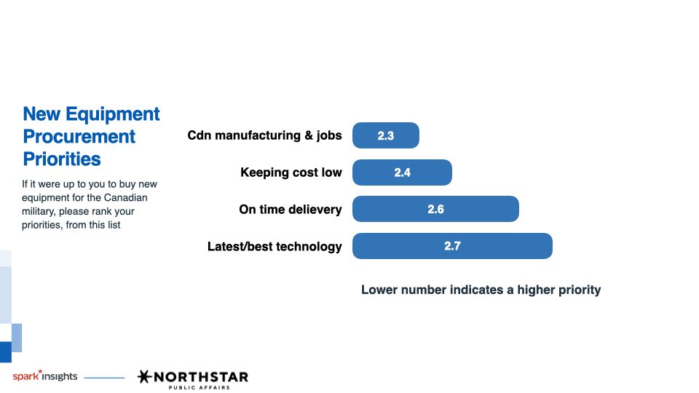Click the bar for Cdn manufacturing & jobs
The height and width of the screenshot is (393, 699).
click(x=386, y=135)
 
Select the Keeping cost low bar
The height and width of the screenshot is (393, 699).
click(x=402, y=172)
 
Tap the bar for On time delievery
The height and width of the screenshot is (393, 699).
click(x=435, y=209)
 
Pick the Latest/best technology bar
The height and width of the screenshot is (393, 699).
click(x=452, y=246)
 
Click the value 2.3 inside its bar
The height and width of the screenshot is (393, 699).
click(x=386, y=136)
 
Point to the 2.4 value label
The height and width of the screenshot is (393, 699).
click(x=402, y=173)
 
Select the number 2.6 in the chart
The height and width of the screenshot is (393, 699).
click(x=435, y=210)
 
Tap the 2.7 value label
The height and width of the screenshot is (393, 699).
click(x=452, y=246)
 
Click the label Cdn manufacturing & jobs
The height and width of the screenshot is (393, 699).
click(x=264, y=135)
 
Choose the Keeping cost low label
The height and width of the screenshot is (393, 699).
click(x=291, y=172)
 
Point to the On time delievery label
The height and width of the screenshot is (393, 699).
click(x=291, y=210)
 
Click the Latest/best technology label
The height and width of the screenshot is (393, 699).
click(x=275, y=247)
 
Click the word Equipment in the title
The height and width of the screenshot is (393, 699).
click(x=112, y=114)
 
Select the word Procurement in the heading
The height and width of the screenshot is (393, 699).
click(x=79, y=136)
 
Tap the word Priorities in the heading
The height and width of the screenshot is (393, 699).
click(x=62, y=159)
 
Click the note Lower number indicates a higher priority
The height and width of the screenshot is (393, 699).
click(x=481, y=290)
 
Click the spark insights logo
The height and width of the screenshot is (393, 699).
click(x=45, y=376)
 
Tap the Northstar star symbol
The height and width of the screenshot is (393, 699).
click(x=144, y=376)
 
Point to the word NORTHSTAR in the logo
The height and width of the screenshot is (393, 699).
click(x=201, y=378)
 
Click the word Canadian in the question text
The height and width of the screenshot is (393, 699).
click(x=125, y=198)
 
